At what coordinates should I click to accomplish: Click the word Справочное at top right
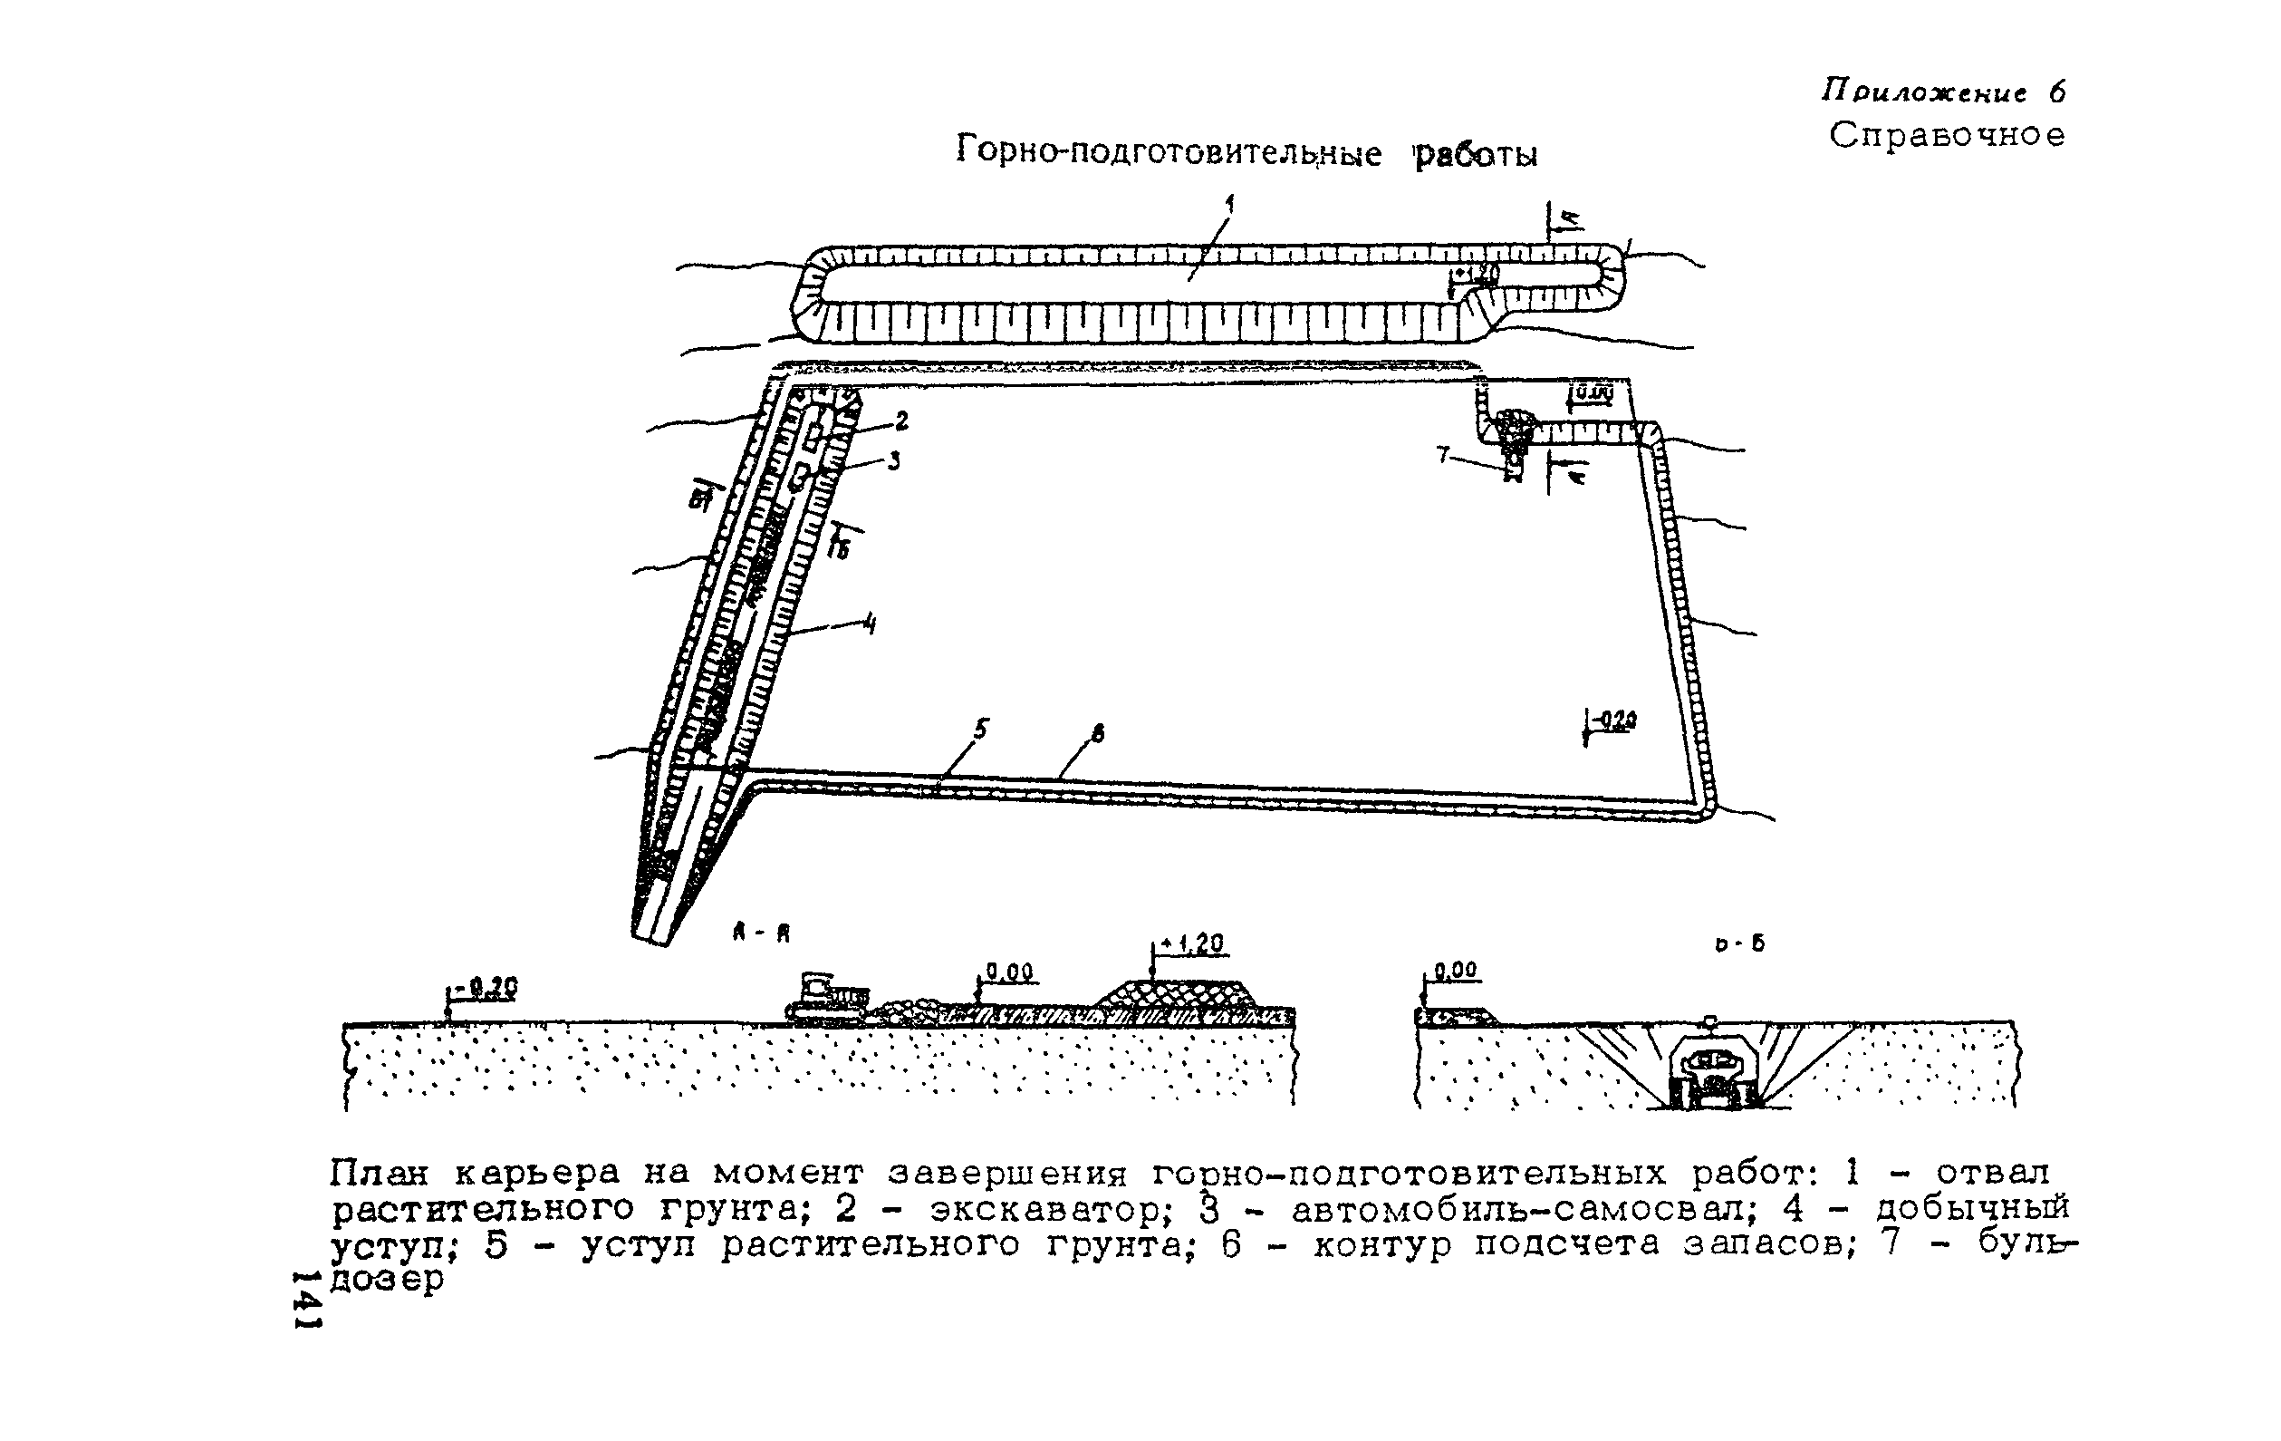pyautogui.click(x=1947, y=135)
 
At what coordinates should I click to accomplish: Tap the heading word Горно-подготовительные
pyautogui.click(x=1168, y=150)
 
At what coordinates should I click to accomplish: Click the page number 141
pyautogui.click(x=307, y=1300)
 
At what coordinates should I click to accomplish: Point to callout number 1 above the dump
pyautogui.click(x=1229, y=203)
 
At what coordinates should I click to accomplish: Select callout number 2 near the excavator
pyautogui.click(x=900, y=420)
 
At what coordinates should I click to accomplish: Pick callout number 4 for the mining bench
pyautogui.click(x=870, y=624)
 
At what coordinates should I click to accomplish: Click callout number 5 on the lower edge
pyautogui.click(x=980, y=729)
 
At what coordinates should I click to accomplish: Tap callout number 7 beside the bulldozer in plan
pyautogui.click(x=1443, y=456)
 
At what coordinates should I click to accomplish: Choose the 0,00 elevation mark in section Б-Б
pyautogui.click(x=1455, y=970)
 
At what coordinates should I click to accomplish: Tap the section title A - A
pyautogui.click(x=761, y=933)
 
